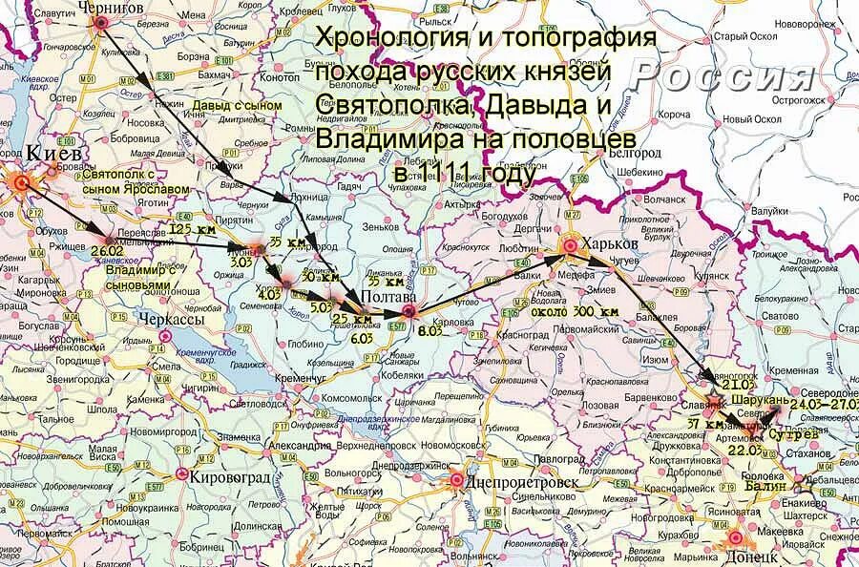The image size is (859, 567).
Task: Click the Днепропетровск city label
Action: coord(524,481)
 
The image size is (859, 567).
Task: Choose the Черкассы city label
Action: coord(172,319)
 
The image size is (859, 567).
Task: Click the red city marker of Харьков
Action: coord(570,246)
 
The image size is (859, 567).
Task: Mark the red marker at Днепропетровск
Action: coord(457,480)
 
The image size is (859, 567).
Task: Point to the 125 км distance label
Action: coord(190,229)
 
